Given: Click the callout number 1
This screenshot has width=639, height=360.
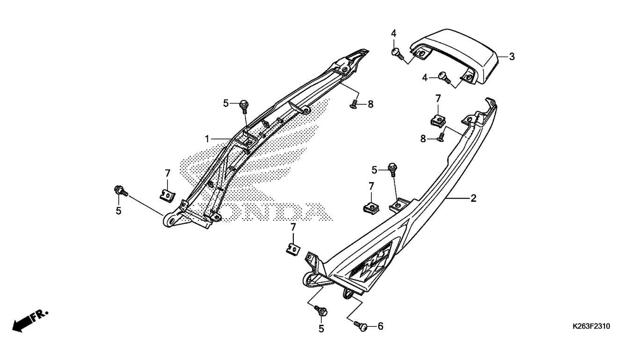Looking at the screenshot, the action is click(x=207, y=139).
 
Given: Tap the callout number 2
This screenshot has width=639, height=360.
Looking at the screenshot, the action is click(x=473, y=198).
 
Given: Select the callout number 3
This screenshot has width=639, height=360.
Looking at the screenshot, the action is click(x=512, y=57).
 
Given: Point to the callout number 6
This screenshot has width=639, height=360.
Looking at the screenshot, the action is click(x=380, y=326).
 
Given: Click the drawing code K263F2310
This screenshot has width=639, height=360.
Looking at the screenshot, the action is click(x=591, y=326).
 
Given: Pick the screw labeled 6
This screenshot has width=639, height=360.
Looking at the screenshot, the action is click(x=360, y=326).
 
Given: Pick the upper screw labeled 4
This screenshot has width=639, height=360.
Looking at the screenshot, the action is click(x=397, y=54).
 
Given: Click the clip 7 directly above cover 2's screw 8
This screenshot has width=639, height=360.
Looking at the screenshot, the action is click(x=437, y=120).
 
